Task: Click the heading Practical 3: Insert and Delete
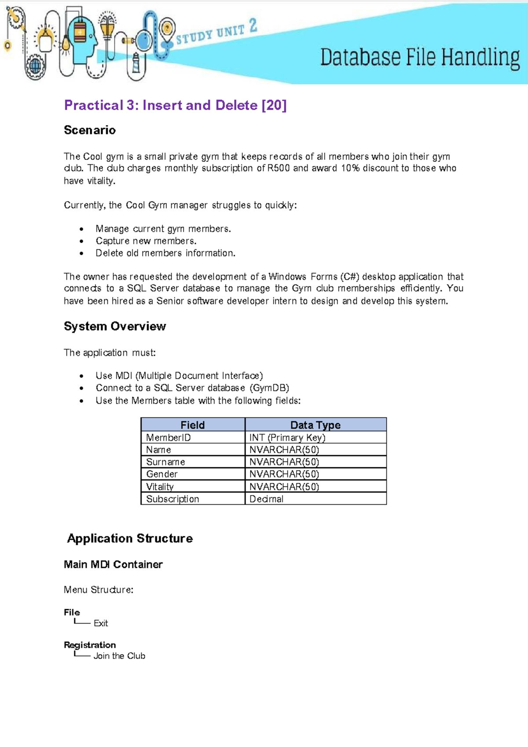click(x=175, y=105)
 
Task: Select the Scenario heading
click(x=90, y=130)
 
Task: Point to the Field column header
click(x=193, y=425)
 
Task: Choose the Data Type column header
click(x=315, y=425)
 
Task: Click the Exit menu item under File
click(x=101, y=623)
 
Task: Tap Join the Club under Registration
click(x=119, y=656)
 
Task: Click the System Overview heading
click(x=115, y=326)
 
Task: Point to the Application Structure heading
click(x=130, y=538)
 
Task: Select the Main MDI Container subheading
click(x=113, y=564)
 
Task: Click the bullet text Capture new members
click(x=146, y=241)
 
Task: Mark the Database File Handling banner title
click(x=420, y=58)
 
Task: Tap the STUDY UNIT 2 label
click(x=216, y=32)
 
